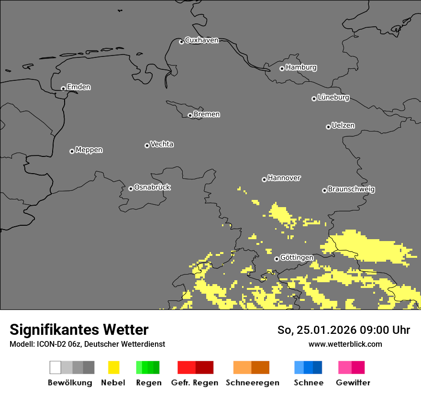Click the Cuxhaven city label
pyautogui.click(x=201, y=40)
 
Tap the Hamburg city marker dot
pyautogui.click(x=282, y=68)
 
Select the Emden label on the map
pyautogui.click(x=78, y=87)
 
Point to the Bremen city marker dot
pyautogui.click(x=190, y=115)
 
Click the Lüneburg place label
pyautogui.click(x=333, y=98)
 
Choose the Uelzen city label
pyautogui.click(x=343, y=126)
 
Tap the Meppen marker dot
pyautogui.click(x=72, y=151)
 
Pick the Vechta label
pyautogui.click(x=162, y=144)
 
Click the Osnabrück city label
pyautogui.click(x=152, y=187)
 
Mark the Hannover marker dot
pyautogui.click(x=264, y=179)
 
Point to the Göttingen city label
pyautogui.click(x=297, y=258)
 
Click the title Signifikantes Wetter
pyautogui.click(x=79, y=330)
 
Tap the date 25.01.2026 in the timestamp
pyautogui.click(x=324, y=330)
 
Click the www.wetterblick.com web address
pyautogui.click(x=345, y=344)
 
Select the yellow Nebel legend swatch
pyautogui.click(x=113, y=367)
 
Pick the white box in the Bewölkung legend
pyautogui.click(x=55, y=367)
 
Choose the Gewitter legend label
pyautogui.click(x=353, y=383)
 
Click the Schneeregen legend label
pyautogui.click(x=253, y=383)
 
